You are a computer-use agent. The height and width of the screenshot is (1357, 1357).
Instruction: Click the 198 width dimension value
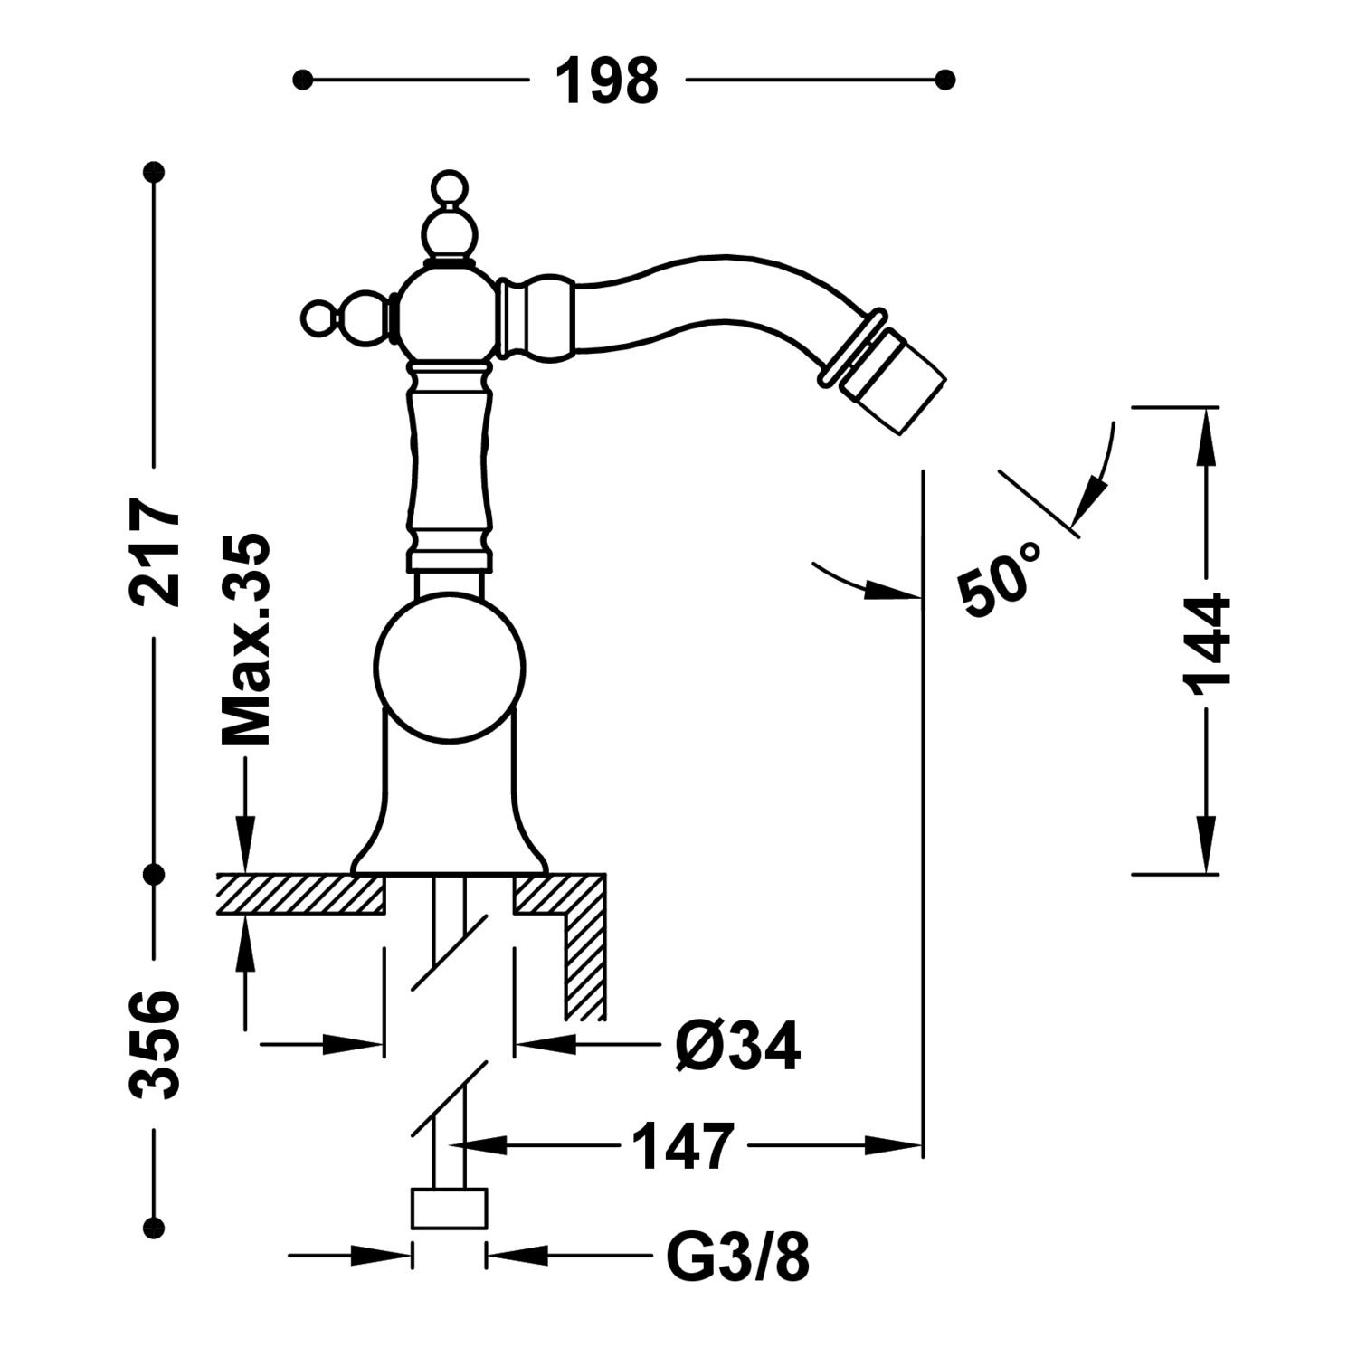pyautogui.click(x=606, y=81)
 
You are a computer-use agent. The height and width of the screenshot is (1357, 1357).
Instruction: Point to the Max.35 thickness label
pyautogui.click(x=246, y=639)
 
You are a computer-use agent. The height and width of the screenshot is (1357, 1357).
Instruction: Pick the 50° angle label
pyautogui.click(x=1001, y=579)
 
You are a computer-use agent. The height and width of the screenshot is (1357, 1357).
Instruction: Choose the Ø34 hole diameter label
pyautogui.click(x=737, y=1047)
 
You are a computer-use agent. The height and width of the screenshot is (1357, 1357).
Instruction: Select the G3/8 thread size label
pyautogui.click(x=737, y=1257)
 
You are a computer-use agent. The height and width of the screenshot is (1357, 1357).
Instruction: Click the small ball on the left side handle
pyautogui.click(x=318, y=318)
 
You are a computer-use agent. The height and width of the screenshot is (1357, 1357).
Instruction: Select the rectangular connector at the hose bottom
pyautogui.click(x=450, y=1209)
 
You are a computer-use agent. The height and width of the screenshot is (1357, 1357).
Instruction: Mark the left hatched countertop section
pyautogui.click(x=300, y=895)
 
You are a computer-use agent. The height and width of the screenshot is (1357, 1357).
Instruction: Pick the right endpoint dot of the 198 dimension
pyautogui.click(x=945, y=81)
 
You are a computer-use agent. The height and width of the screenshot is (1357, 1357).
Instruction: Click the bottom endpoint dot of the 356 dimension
pyautogui.click(x=156, y=1227)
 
